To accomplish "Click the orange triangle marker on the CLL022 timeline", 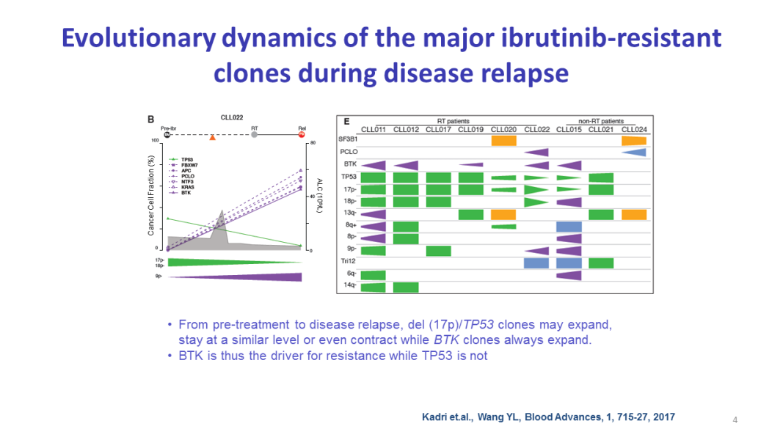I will coord(213,136).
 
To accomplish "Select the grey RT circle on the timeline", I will coord(254,135).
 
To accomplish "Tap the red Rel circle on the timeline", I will coord(302,135).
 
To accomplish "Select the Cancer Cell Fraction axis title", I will coord(151,196).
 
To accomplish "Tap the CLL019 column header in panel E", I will coord(470,130).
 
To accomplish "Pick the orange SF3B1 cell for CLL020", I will coord(503,140).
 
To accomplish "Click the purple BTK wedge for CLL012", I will coord(407,165).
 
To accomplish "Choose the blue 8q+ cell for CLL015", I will coord(569,227).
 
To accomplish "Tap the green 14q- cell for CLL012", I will coord(406,287).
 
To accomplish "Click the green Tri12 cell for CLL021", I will coord(601,263).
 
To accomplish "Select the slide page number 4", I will coord(735,419).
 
